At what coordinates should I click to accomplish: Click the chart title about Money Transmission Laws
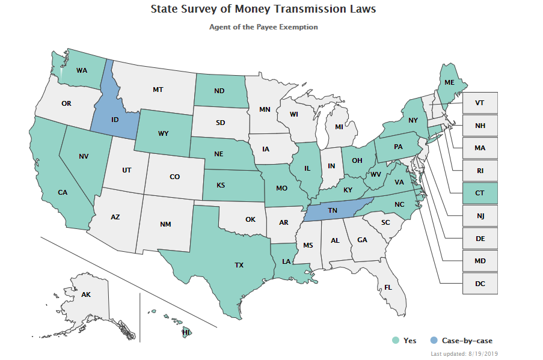(263, 10)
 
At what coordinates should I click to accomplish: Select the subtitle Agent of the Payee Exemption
(263, 27)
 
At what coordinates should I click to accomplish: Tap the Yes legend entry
(404, 341)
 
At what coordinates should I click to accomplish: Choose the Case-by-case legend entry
(461, 341)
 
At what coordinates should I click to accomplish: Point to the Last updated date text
(464, 354)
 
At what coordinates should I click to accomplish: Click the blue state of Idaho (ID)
(114, 120)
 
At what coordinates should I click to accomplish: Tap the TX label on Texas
(239, 264)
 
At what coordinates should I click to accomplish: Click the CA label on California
(63, 192)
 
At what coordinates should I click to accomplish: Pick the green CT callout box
(480, 193)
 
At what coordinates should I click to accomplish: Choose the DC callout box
(480, 284)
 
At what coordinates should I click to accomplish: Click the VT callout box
(480, 103)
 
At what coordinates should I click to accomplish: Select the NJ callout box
(480, 216)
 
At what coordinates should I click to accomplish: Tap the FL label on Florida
(388, 287)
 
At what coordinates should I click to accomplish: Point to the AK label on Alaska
(85, 295)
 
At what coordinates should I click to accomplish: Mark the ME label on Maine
(449, 83)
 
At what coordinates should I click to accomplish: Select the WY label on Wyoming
(164, 132)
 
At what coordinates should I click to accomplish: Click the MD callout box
(480, 261)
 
